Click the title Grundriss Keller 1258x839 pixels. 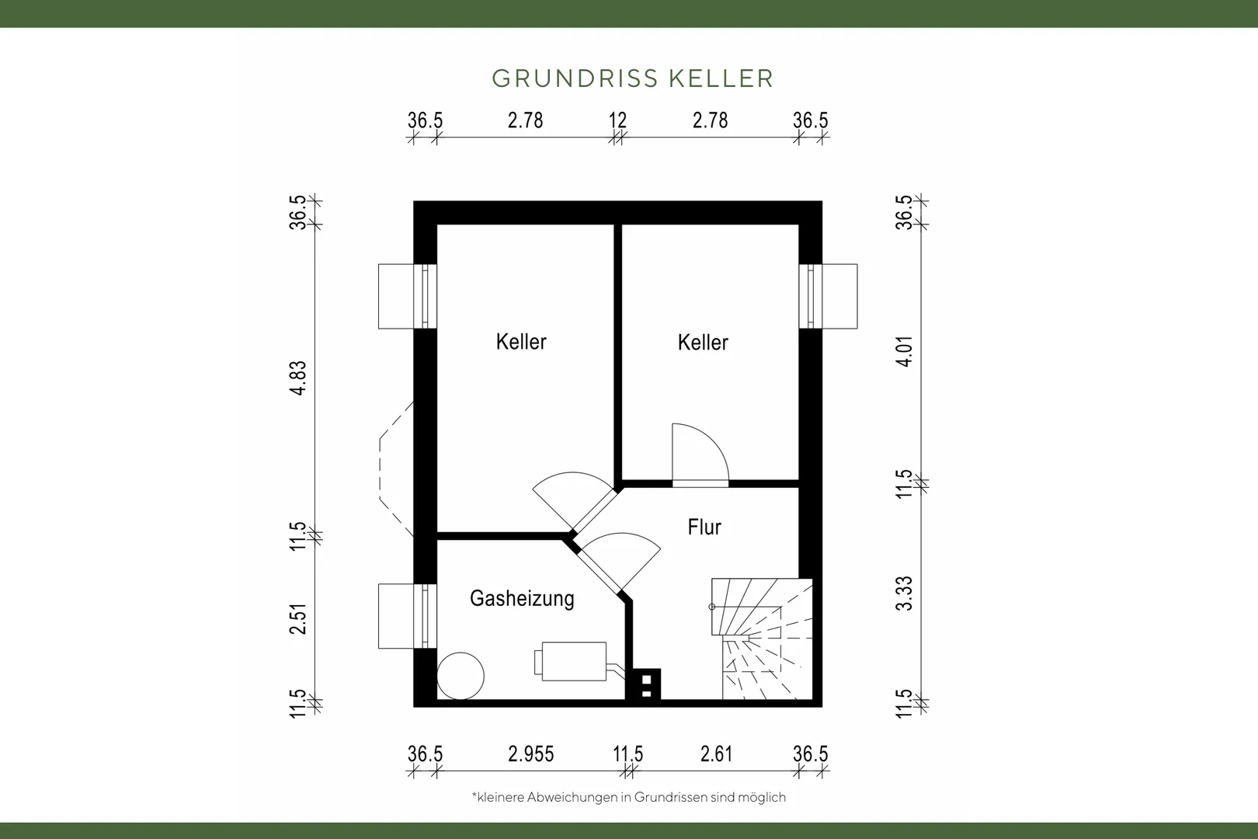click(x=633, y=78)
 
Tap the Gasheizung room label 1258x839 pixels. click(x=522, y=598)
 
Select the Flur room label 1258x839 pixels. click(x=704, y=527)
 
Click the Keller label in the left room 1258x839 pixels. click(x=521, y=342)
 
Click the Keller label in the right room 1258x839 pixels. click(x=703, y=343)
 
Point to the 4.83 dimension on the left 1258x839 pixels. click(x=298, y=378)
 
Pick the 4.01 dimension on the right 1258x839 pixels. click(x=904, y=351)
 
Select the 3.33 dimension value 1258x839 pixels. click(x=904, y=594)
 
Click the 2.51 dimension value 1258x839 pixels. click(x=298, y=618)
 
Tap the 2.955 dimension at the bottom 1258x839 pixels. click(x=530, y=754)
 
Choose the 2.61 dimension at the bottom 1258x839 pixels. click(x=716, y=754)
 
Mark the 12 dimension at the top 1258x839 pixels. click(x=618, y=120)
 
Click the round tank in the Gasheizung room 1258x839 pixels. click(x=460, y=676)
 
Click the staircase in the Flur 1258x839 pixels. click(x=762, y=639)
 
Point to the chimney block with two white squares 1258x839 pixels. click(x=646, y=684)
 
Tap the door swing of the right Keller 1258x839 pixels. click(x=700, y=453)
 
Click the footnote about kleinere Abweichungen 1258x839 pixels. click(x=629, y=797)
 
